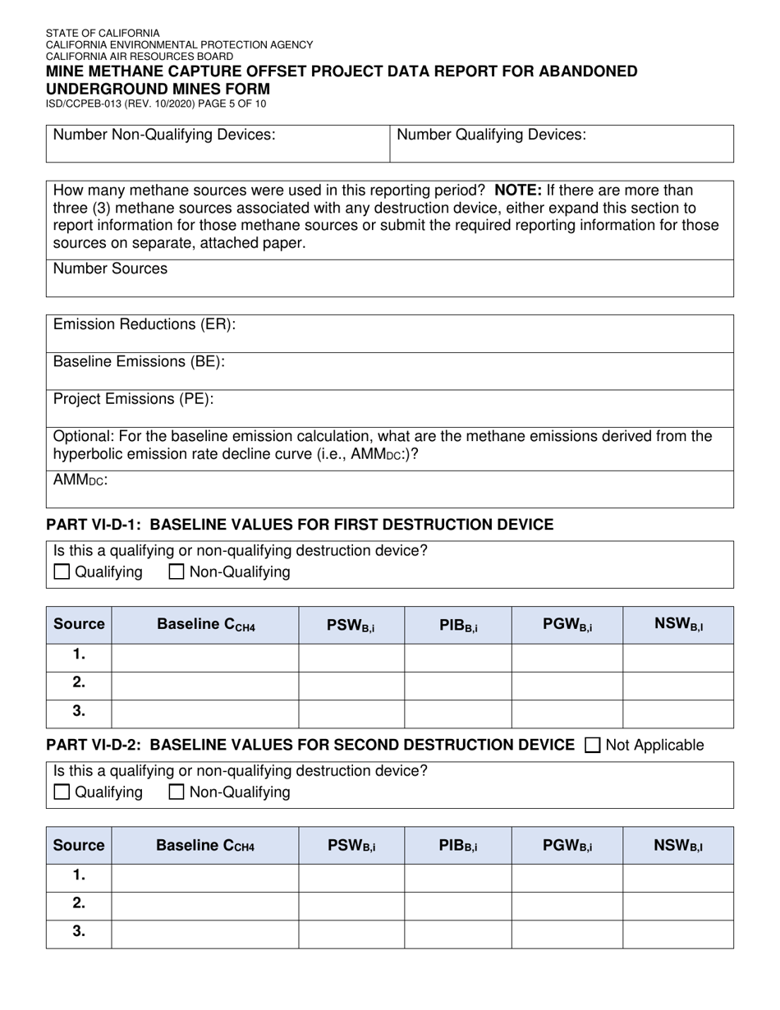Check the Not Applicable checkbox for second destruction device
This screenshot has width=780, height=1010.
pos(592,746)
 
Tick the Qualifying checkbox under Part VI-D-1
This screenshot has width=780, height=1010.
pos(62,572)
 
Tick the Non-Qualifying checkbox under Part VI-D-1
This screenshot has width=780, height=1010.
pos(176,572)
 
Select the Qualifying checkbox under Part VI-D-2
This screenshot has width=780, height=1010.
pos(62,792)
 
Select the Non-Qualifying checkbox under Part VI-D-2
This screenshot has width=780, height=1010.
pos(176,792)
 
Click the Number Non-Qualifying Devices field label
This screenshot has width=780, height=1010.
pos(164,135)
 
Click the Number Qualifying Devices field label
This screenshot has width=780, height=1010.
pos(491,135)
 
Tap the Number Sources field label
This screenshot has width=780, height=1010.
pos(110,269)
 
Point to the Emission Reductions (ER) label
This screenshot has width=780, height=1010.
pos(145,324)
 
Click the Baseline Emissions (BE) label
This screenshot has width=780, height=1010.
pos(139,361)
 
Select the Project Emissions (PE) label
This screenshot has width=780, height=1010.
pos(133,399)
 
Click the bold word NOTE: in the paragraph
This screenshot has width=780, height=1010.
pos(517,191)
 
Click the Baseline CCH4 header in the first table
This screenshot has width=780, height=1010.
pos(206,625)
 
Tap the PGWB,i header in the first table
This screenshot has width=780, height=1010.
pos(567,625)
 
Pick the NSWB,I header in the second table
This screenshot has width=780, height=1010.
pos(678,845)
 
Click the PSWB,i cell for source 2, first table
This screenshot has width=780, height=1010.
pos(351,683)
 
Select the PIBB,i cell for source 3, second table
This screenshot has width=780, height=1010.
pos(458,934)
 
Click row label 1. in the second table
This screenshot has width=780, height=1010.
pos(79,876)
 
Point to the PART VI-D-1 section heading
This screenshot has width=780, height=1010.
pos(300,524)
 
